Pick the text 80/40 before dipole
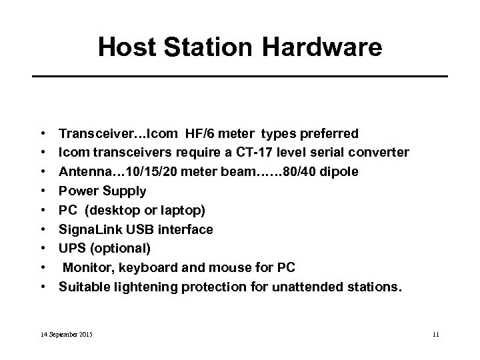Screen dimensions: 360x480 coord(301,172)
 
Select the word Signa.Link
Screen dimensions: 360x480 coord(88,230)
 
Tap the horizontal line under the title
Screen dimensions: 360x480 coord(240,77)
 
